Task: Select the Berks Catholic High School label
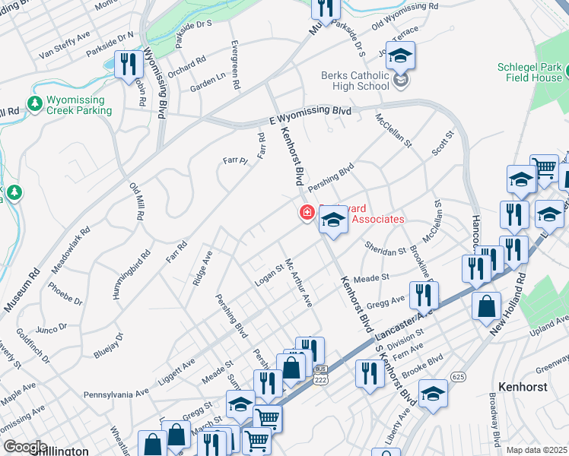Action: pos(355,81)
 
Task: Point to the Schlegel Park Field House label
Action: pos(529,72)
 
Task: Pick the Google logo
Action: pos(25,447)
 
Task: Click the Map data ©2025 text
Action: pos(536,450)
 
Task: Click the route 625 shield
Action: pos(458,376)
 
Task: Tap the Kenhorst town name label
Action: pos(524,386)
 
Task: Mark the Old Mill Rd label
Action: pos(137,202)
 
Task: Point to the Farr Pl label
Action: pos(235,160)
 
